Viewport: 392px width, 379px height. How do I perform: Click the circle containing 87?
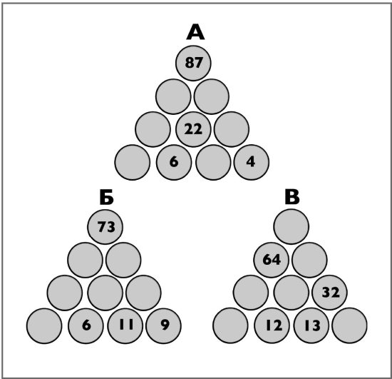(x=193, y=63)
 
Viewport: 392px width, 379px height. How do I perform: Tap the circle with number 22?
(x=193, y=129)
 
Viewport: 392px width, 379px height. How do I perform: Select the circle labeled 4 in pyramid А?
(x=252, y=162)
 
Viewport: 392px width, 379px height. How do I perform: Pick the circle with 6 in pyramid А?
(x=174, y=162)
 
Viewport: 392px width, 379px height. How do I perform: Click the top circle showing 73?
(x=105, y=227)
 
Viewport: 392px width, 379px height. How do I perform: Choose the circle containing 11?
(x=125, y=325)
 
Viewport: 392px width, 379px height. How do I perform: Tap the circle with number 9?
(x=163, y=325)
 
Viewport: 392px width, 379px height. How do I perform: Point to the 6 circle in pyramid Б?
(x=86, y=325)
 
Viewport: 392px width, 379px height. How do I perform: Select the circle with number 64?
(x=272, y=260)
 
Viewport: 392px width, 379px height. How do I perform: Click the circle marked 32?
(x=330, y=293)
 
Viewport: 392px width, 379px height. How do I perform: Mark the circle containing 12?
(x=272, y=325)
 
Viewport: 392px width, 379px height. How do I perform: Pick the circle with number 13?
(x=311, y=325)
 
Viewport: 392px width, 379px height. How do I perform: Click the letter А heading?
(x=195, y=32)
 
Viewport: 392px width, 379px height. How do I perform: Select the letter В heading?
(x=292, y=197)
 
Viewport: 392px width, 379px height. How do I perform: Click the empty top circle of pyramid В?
(x=292, y=227)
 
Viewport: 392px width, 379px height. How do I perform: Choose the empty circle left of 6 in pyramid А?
(x=133, y=162)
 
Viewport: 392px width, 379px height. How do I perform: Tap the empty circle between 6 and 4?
(x=213, y=162)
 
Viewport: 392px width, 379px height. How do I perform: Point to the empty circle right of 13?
(x=350, y=325)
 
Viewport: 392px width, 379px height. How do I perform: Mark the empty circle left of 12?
(x=230, y=325)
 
